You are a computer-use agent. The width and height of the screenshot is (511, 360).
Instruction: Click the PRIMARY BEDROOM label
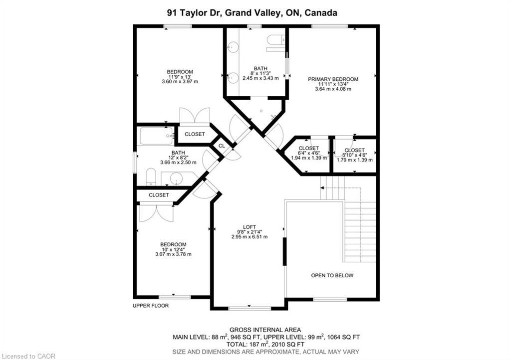click(x=333, y=79)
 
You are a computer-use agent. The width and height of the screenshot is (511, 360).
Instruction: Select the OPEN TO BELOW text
click(x=332, y=275)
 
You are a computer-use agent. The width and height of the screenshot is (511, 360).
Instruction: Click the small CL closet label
click(x=221, y=146)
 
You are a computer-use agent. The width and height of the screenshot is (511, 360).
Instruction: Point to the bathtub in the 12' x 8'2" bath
click(x=156, y=136)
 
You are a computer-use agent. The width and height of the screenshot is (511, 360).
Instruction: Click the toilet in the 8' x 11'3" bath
click(x=275, y=42)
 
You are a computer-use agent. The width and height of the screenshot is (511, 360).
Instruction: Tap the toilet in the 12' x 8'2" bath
click(x=151, y=177)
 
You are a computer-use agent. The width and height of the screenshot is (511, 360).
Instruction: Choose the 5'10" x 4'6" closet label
click(x=354, y=150)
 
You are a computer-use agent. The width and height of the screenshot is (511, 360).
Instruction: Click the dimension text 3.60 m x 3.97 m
click(x=180, y=82)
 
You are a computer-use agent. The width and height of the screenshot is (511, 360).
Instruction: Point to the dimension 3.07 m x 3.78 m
click(x=173, y=254)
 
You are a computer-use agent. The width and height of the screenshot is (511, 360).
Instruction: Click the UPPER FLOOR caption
click(x=151, y=306)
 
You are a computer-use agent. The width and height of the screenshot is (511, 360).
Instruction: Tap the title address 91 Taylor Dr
click(x=194, y=13)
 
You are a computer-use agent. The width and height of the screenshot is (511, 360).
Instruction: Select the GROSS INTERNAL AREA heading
click(x=265, y=330)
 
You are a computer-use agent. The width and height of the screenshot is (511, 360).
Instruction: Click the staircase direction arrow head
click(x=322, y=188)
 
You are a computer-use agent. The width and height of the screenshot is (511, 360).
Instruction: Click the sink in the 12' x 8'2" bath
click(x=177, y=178)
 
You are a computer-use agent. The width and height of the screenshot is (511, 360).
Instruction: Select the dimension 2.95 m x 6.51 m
click(x=249, y=237)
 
